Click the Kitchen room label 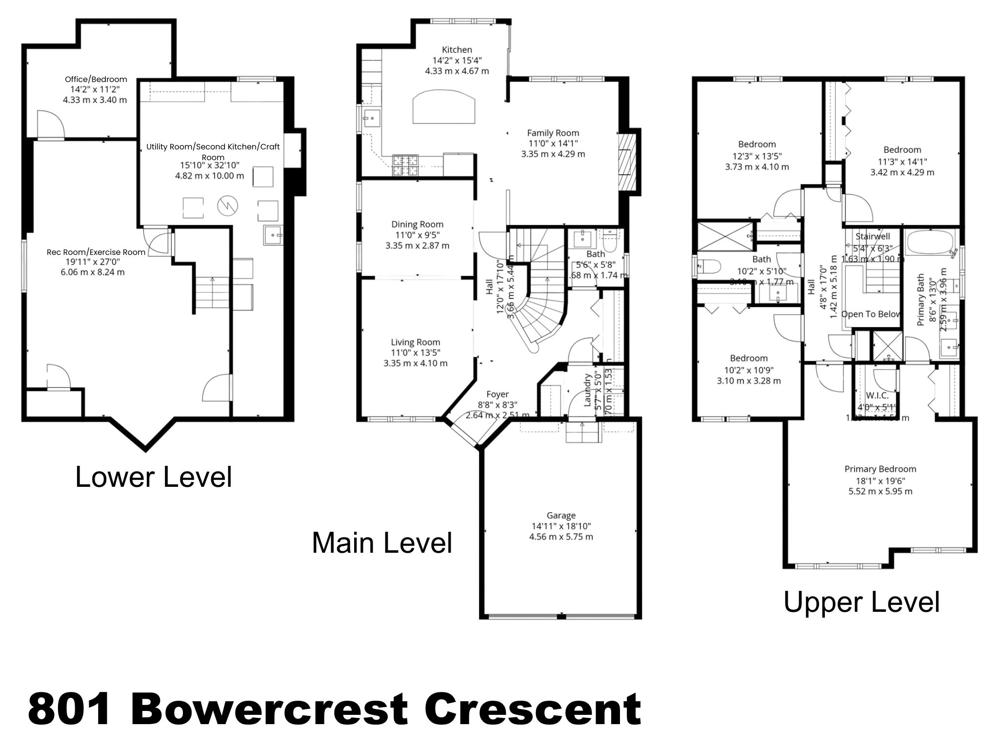[457, 50]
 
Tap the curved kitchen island [443, 108]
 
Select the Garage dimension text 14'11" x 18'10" [561, 526]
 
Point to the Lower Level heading [153, 478]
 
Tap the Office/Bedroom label [96, 79]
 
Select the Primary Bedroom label [880, 469]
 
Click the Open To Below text [871, 314]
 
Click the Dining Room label [417, 224]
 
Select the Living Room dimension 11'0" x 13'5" [415, 353]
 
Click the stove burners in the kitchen [405, 165]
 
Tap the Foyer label [497, 394]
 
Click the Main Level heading [382, 543]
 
